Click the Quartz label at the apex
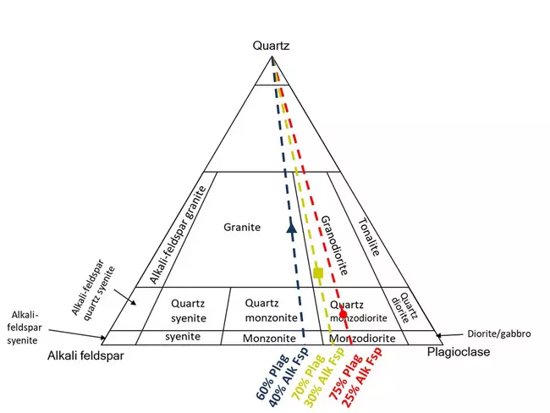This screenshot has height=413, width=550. pyautogui.click(x=272, y=47)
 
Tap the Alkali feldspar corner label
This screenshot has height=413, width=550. pyautogui.click(x=85, y=356)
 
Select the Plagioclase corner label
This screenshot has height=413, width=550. pyautogui.click(x=458, y=352)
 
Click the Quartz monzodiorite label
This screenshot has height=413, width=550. pyautogui.click(x=358, y=311)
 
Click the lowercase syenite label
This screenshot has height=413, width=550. pyautogui.click(x=183, y=337)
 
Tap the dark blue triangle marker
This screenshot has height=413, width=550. pyautogui.click(x=291, y=226)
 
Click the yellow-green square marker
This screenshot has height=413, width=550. pyautogui.click(x=318, y=273)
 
